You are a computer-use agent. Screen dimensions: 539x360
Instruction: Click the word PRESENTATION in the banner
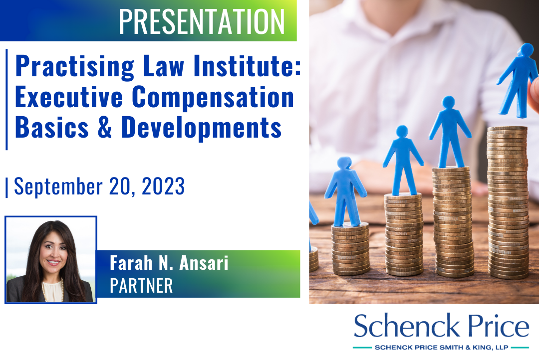(x=202, y=21)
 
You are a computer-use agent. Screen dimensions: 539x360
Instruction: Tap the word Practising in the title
(x=75, y=67)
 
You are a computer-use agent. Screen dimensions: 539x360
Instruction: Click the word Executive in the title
(x=69, y=97)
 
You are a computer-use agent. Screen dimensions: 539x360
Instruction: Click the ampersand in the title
(x=105, y=127)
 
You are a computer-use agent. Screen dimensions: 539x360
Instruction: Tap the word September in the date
(x=58, y=187)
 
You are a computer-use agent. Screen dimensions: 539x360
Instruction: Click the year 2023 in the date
(x=163, y=186)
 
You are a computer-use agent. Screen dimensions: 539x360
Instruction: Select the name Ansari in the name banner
(x=204, y=263)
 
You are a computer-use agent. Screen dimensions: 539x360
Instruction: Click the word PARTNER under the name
(x=141, y=286)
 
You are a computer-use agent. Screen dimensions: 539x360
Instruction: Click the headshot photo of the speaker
(x=51, y=260)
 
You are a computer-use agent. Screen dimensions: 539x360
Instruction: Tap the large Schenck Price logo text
(x=441, y=325)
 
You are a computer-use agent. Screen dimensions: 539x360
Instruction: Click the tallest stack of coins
(x=508, y=202)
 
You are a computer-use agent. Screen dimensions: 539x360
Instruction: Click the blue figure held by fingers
(x=518, y=80)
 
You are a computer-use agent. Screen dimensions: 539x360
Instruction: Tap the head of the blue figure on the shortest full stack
(x=344, y=163)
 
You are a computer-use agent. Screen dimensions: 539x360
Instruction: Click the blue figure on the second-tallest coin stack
(x=450, y=132)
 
